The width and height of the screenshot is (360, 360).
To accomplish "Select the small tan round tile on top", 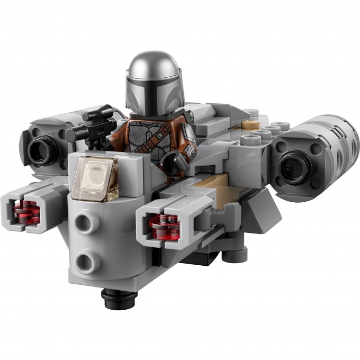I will click(247, 125).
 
